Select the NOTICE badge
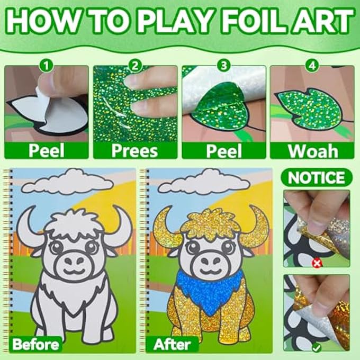point(317,177)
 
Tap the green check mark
point(317,348)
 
